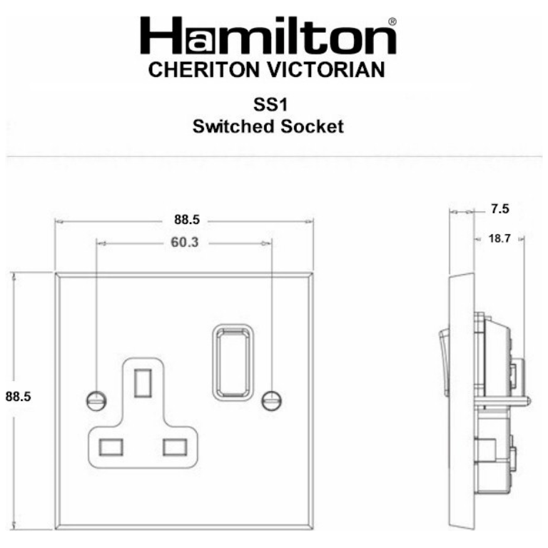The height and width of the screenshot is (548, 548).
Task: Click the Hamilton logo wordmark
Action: pos(268,36)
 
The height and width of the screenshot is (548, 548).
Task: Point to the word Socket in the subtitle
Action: pos(313,127)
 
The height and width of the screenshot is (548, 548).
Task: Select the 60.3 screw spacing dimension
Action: pos(184,243)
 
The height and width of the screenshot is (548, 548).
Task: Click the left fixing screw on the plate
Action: pos(95,400)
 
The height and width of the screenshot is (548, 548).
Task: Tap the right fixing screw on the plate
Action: pos(271,400)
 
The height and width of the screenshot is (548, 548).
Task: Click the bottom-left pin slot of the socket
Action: pos(110,447)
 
